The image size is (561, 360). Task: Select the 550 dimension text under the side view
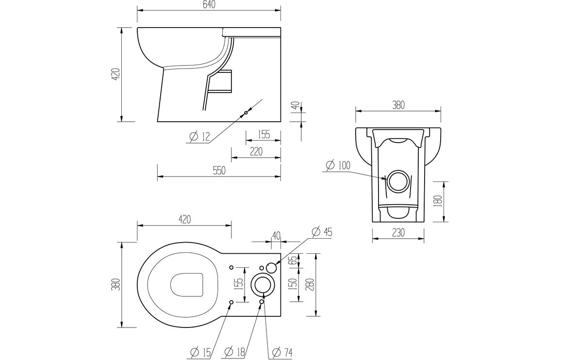coord(219,171)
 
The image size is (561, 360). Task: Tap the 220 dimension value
coord(256,151)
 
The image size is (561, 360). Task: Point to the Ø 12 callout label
coord(199,137)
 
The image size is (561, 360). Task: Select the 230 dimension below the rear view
coord(397,233)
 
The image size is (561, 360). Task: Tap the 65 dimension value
coord(292,261)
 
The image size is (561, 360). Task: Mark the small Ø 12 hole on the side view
coord(246,113)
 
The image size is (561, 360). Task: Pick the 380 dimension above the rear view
coord(398,105)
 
